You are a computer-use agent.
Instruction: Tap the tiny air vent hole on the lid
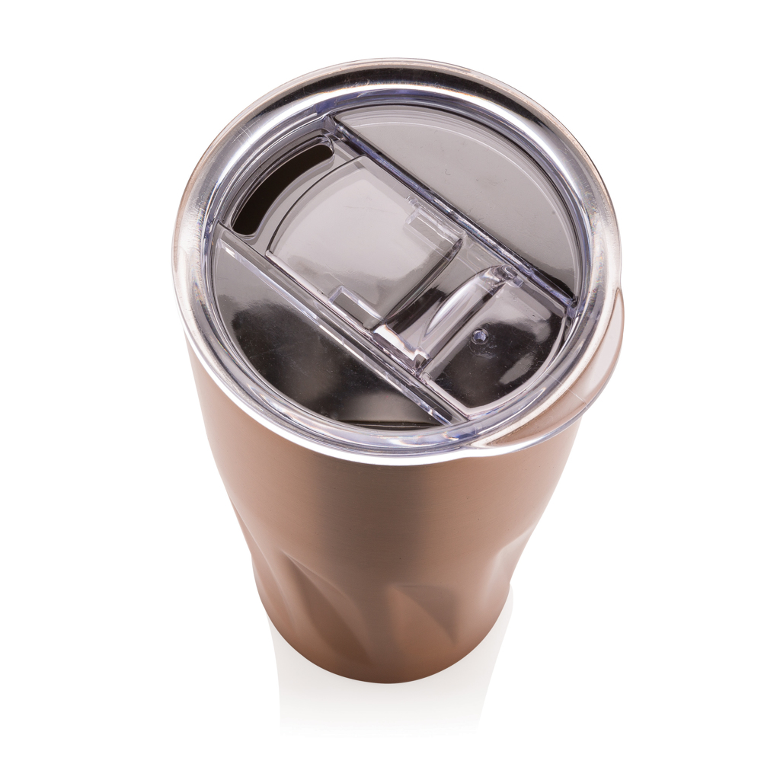(480, 333)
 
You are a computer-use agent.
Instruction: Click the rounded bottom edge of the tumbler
(381, 674)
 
